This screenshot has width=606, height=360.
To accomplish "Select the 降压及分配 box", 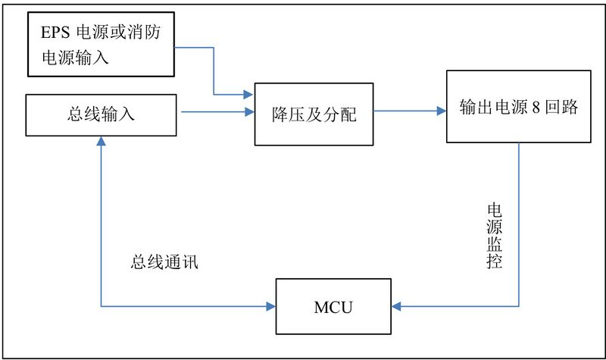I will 313,115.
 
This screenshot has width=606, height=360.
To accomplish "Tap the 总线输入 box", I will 102,114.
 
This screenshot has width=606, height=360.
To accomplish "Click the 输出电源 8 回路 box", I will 518,107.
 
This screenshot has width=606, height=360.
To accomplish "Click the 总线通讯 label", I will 166,264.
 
